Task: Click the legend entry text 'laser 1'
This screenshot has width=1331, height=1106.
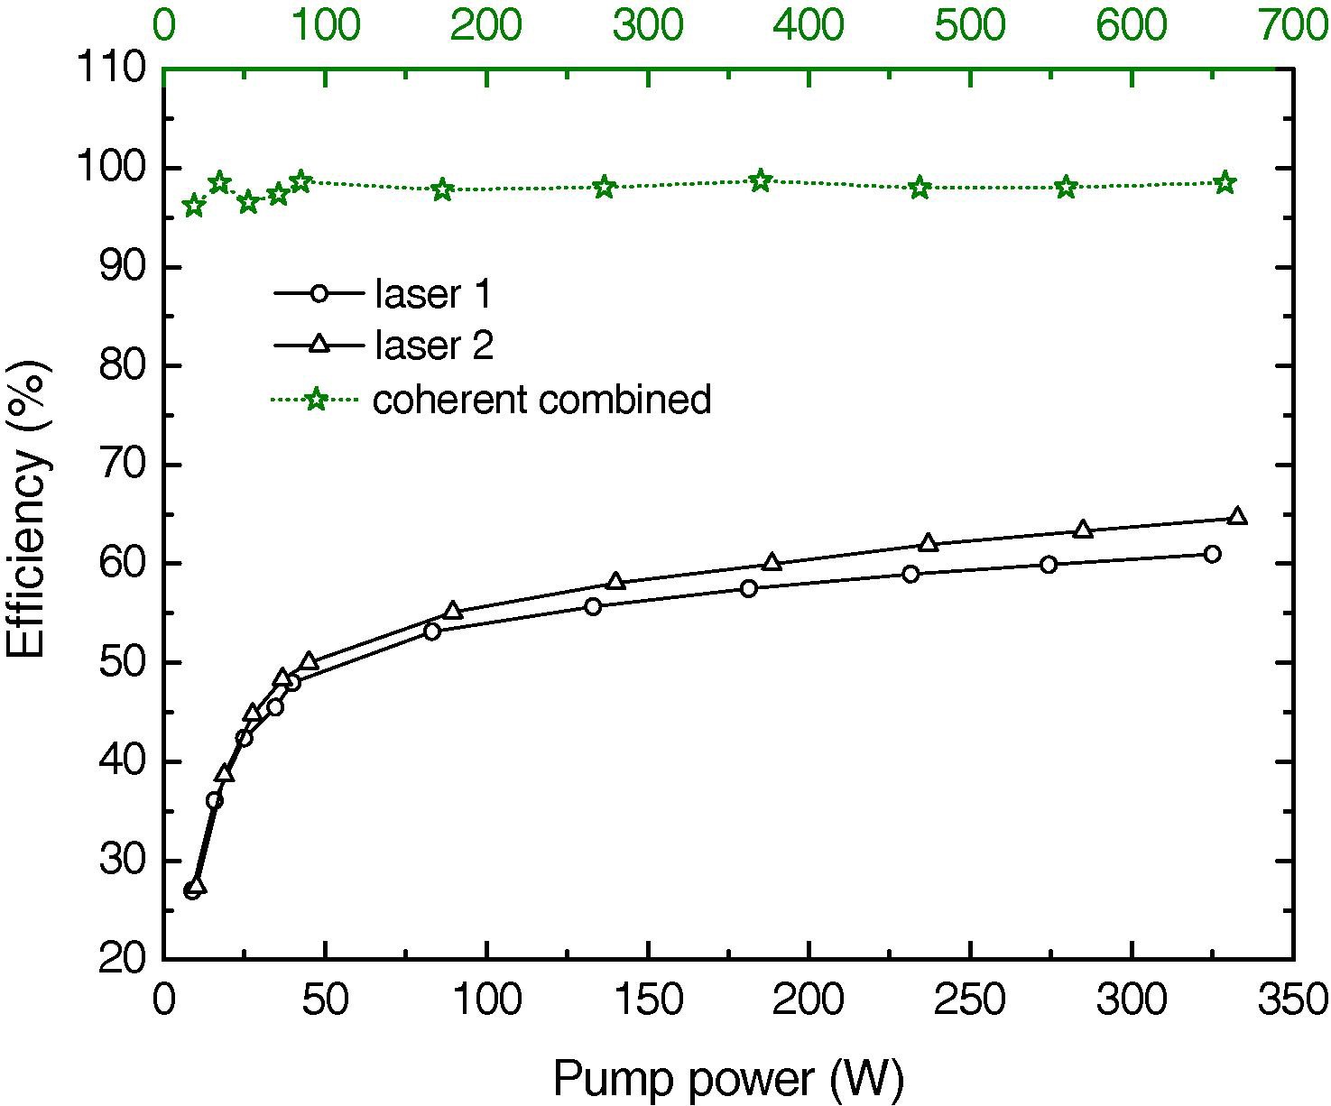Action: tap(432, 294)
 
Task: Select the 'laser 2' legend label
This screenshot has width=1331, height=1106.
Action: tap(434, 346)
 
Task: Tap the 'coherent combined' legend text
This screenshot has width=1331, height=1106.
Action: tap(541, 399)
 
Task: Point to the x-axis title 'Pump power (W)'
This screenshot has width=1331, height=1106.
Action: tap(727, 1077)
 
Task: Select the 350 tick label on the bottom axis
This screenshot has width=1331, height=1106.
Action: tap(1293, 1000)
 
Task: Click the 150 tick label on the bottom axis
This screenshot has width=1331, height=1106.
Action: tap(647, 1000)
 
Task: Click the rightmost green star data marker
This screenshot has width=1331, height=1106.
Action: tap(1225, 183)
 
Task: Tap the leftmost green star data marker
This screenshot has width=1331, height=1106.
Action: tap(193, 207)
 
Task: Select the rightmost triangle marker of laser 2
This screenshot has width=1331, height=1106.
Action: tap(1237, 516)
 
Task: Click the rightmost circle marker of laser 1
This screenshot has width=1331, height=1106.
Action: tap(1212, 554)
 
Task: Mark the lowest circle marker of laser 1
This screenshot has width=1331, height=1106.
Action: tap(191, 891)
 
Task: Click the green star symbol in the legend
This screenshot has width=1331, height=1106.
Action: tap(316, 399)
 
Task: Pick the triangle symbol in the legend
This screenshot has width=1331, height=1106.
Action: tap(317, 344)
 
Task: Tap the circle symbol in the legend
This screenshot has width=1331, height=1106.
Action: tap(317, 293)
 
